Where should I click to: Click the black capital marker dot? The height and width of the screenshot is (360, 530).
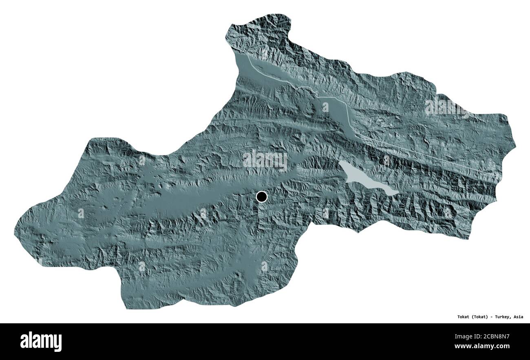pos(261,197)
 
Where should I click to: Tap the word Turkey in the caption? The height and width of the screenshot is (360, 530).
pos(501,317)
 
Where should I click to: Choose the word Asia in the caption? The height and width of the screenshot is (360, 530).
pos(518,317)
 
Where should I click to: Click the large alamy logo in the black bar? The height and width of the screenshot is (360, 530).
pos(41,341)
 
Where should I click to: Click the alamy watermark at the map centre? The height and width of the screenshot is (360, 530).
pos(265,160)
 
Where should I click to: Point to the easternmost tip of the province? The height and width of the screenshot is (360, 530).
pos(515,145)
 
